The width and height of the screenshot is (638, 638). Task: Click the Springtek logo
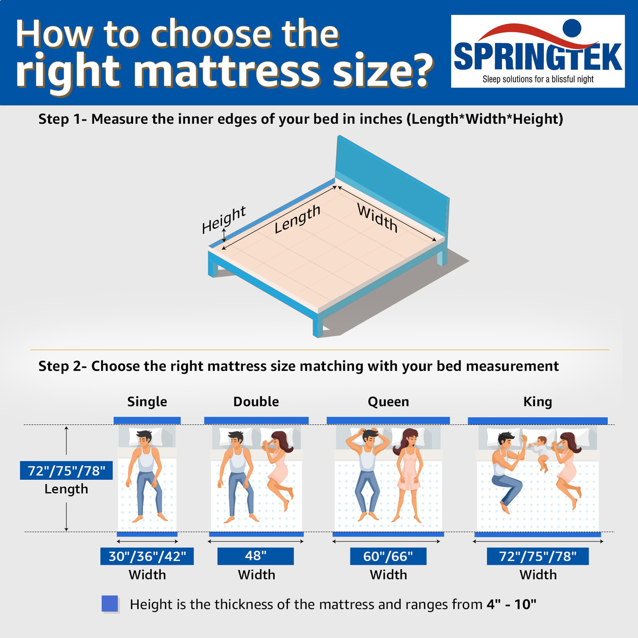(538, 51)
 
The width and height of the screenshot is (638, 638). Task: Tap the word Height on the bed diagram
(223, 219)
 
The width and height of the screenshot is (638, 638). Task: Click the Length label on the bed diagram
(297, 219)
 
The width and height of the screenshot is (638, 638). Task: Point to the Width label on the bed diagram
(377, 218)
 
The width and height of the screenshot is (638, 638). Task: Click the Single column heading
(147, 402)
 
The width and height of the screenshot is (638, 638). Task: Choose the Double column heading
(256, 402)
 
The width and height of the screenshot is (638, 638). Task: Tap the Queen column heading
(388, 402)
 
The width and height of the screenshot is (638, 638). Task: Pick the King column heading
(538, 402)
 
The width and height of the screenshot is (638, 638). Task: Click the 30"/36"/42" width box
(147, 556)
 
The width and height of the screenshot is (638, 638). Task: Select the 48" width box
(256, 556)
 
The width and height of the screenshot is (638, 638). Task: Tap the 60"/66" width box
(388, 556)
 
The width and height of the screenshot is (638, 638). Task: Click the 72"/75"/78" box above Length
(66, 470)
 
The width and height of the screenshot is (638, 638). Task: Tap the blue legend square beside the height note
(110, 604)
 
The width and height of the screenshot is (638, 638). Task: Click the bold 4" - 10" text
(511, 604)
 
